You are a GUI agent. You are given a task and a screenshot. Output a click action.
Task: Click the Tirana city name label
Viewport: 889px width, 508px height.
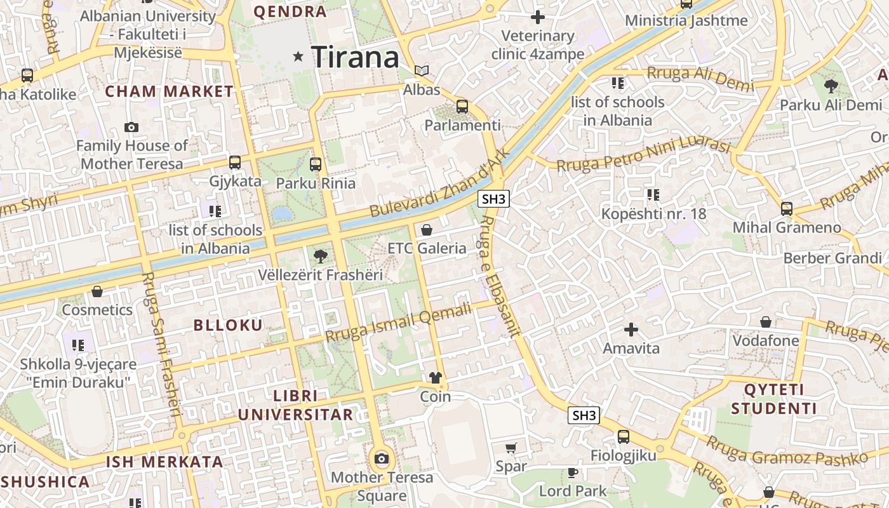pyautogui.click(x=355, y=57)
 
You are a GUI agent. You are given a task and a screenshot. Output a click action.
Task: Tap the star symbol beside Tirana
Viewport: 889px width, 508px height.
pyautogui.click(x=298, y=57)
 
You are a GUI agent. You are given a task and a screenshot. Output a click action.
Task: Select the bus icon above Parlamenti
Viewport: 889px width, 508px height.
pyautogui.click(x=462, y=107)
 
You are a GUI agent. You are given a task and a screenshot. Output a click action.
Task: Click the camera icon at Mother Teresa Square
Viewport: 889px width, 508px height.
pyautogui.click(x=382, y=458)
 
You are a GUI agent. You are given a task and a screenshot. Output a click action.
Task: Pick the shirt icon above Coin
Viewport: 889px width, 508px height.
pyautogui.click(x=435, y=378)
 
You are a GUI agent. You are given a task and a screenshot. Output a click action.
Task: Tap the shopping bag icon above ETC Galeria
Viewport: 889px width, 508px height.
pyautogui.click(x=427, y=230)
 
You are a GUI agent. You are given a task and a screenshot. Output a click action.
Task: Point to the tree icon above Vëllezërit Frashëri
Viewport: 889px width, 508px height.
pyautogui.click(x=321, y=257)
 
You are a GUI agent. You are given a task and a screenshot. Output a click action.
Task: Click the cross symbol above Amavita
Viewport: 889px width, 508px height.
pyautogui.click(x=631, y=330)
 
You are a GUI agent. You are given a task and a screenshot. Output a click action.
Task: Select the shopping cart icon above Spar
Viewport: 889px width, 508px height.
pyautogui.click(x=511, y=448)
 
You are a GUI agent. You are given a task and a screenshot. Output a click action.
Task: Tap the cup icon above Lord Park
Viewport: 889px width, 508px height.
pyautogui.click(x=573, y=472)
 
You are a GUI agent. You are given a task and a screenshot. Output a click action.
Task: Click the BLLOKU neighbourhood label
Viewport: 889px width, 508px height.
pyautogui.click(x=228, y=326)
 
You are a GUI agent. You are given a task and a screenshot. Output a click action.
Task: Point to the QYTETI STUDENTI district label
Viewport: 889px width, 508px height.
pyautogui.click(x=773, y=399)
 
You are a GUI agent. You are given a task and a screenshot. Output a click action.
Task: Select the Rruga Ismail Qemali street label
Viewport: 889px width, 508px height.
pyautogui.click(x=399, y=321)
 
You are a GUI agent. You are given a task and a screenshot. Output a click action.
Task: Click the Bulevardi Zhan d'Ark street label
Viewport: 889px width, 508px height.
pyautogui.click(x=440, y=184)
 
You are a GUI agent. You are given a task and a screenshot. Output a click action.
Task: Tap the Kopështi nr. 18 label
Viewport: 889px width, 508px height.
pyautogui.click(x=653, y=213)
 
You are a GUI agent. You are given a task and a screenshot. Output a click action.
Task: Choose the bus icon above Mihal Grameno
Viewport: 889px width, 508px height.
pyautogui.click(x=787, y=208)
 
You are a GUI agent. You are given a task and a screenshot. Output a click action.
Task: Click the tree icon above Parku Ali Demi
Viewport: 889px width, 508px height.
pyautogui.click(x=831, y=86)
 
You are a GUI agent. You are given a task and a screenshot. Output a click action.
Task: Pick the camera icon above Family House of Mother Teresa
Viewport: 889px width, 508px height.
pyautogui.click(x=131, y=127)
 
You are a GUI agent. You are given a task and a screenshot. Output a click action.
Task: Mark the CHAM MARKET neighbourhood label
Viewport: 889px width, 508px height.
pyautogui.click(x=170, y=91)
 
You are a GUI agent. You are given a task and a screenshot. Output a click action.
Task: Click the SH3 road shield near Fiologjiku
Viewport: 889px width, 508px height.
pyautogui.click(x=584, y=415)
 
